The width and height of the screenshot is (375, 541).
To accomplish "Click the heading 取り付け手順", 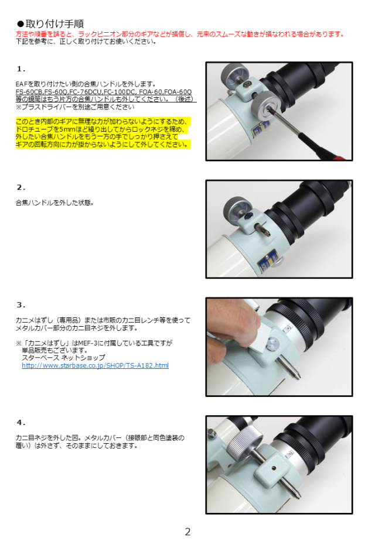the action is tap(54, 24).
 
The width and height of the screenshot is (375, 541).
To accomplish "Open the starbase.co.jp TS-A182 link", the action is tap(95, 365).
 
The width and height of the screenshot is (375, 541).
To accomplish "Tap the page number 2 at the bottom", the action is tap(187, 532).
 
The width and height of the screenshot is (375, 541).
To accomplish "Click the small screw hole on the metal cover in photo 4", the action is tap(274, 468).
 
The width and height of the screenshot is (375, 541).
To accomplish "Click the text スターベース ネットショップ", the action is tap(63, 358).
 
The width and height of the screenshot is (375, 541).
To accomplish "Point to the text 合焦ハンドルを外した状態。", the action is tap(54, 203).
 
